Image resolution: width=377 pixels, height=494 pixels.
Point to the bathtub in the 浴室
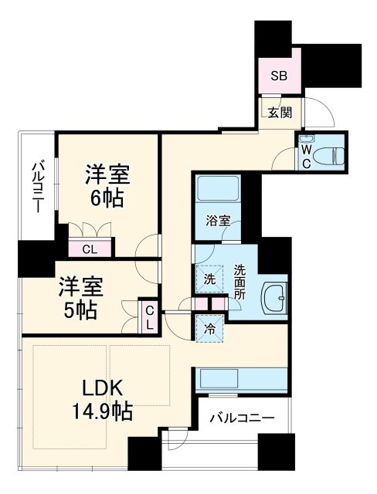(x=217, y=190)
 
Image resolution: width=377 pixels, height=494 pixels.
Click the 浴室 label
(x=217, y=221)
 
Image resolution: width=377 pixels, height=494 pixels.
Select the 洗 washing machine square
(x=209, y=279)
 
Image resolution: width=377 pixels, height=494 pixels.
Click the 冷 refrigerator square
(x=209, y=328)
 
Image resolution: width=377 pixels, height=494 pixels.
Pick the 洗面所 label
(x=239, y=282)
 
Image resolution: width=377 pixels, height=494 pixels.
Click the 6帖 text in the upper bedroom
(x=107, y=198)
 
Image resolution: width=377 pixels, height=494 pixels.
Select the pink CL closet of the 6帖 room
(x=90, y=248)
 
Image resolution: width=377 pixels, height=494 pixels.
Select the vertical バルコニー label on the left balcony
(x=37, y=188)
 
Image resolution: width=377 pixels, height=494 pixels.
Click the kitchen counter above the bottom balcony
(x=242, y=379)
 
